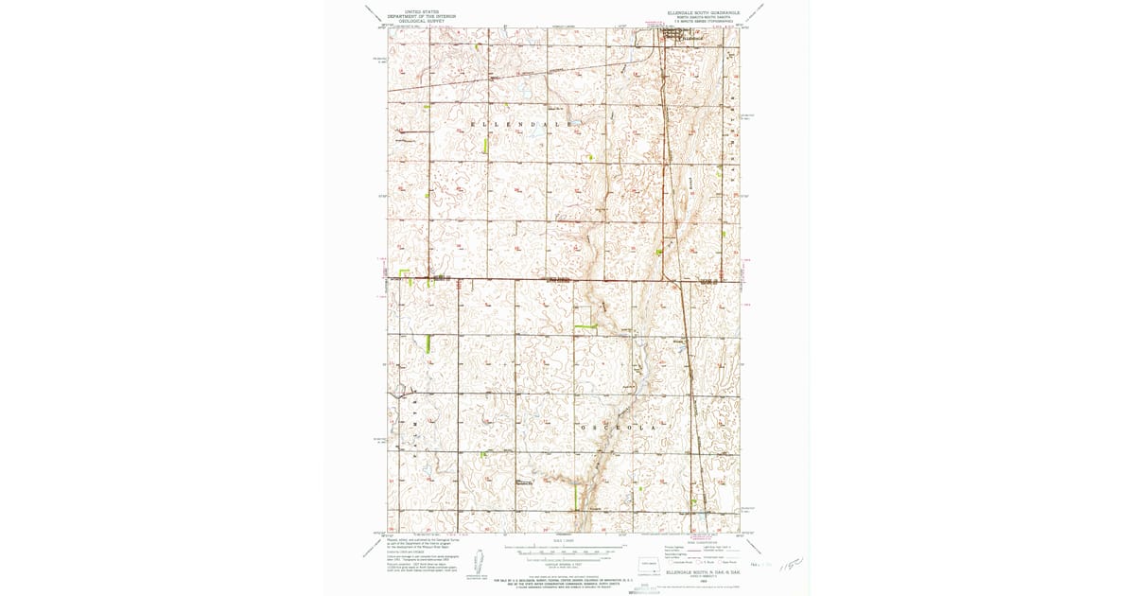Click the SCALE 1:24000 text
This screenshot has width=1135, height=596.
pyautogui.click(x=563, y=540)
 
